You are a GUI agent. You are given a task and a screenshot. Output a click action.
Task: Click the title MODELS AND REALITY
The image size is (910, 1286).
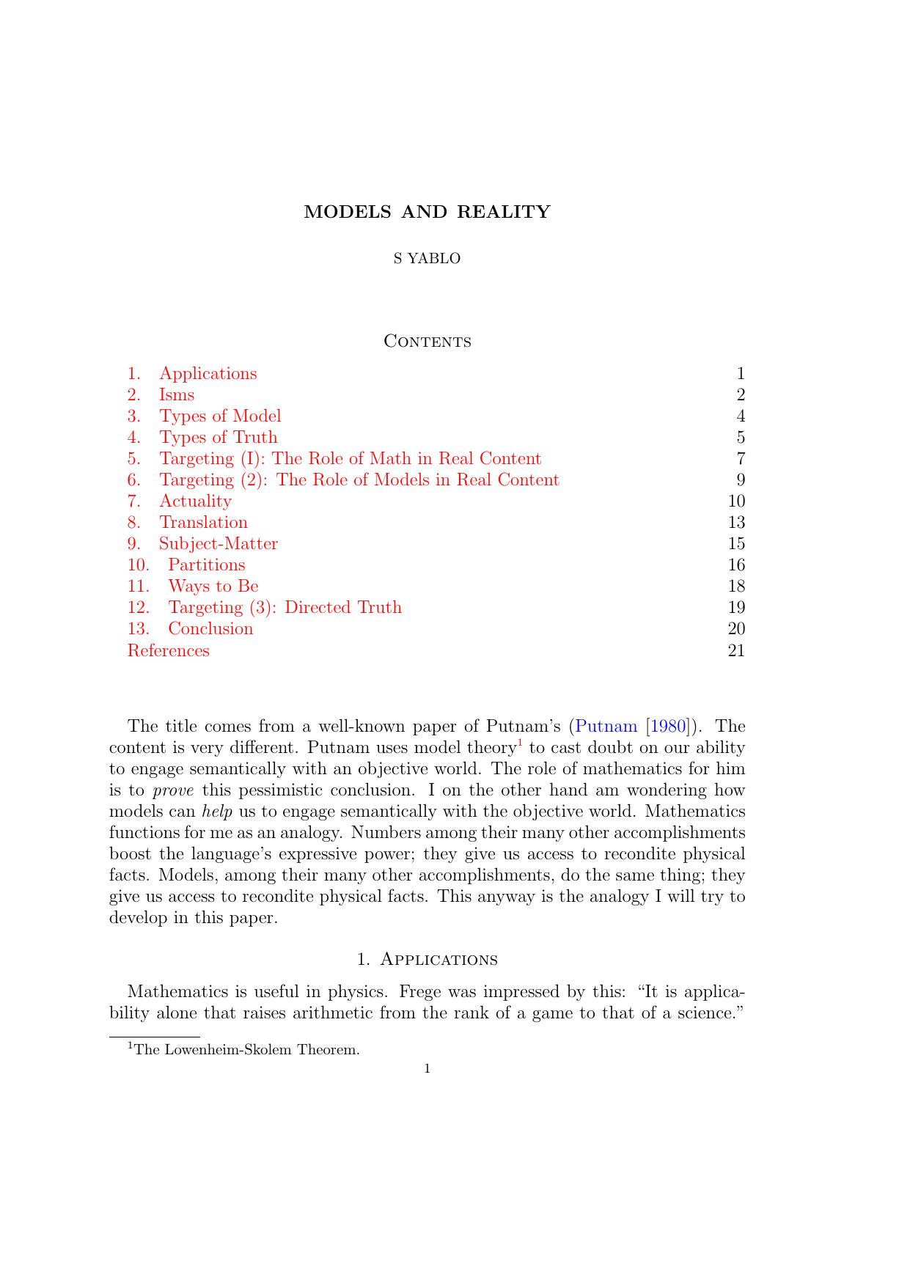[x=427, y=212]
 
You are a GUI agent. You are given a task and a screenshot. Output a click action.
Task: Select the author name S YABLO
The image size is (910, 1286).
[x=427, y=258]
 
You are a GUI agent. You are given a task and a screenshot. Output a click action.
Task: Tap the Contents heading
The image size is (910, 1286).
[x=428, y=342]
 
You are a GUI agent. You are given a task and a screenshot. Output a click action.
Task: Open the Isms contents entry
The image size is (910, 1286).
[x=177, y=394]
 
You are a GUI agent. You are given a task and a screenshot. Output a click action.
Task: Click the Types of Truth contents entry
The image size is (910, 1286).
[x=219, y=437]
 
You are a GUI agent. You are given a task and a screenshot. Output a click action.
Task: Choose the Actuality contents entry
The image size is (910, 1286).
[x=195, y=501]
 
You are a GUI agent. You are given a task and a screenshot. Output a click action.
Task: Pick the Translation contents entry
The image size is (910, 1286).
[x=203, y=522]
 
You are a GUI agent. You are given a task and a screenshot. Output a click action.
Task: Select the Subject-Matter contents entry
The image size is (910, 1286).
[x=219, y=543]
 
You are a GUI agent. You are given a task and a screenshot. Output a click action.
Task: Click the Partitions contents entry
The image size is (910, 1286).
[x=207, y=565]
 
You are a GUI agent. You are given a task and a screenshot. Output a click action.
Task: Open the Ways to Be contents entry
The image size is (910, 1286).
[x=213, y=586]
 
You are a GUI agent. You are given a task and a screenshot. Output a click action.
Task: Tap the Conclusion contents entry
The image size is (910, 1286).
[x=210, y=628]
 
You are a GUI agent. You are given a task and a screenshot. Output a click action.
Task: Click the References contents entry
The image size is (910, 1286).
[x=169, y=650]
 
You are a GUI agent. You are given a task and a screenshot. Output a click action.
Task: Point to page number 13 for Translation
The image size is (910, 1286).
[x=736, y=522]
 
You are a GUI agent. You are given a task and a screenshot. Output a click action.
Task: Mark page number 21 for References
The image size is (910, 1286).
[x=736, y=650]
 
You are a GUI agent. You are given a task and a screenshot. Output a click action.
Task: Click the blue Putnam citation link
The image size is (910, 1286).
[x=606, y=727]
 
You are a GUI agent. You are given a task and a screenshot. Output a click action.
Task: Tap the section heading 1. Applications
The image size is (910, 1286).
[x=427, y=960]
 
